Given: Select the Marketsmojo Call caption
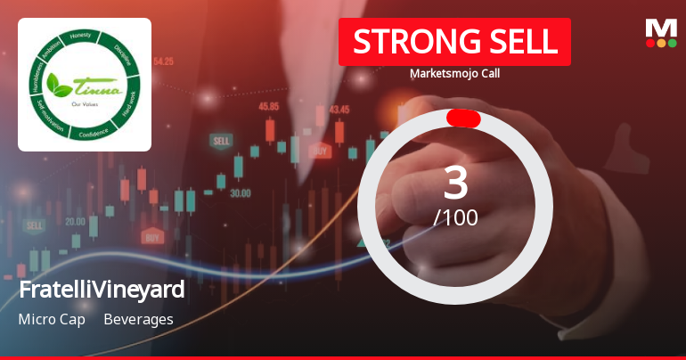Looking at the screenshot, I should (x=454, y=73).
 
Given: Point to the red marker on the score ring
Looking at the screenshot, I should (x=463, y=119).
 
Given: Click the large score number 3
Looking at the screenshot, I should (x=455, y=183).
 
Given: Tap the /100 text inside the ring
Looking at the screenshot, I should (x=455, y=217).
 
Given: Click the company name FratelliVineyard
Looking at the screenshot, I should (x=102, y=290).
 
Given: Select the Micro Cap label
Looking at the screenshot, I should (x=51, y=319).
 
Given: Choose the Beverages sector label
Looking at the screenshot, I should (x=138, y=319).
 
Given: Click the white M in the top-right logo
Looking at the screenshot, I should (x=661, y=28).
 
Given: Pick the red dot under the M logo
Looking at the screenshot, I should (x=650, y=43).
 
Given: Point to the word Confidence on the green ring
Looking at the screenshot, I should (x=93, y=133).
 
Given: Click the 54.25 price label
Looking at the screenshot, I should (x=163, y=61).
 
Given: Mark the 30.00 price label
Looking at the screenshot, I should (x=240, y=192).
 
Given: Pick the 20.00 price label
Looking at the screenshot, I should (x=75, y=221).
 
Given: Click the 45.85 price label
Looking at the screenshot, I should (x=268, y=106).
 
